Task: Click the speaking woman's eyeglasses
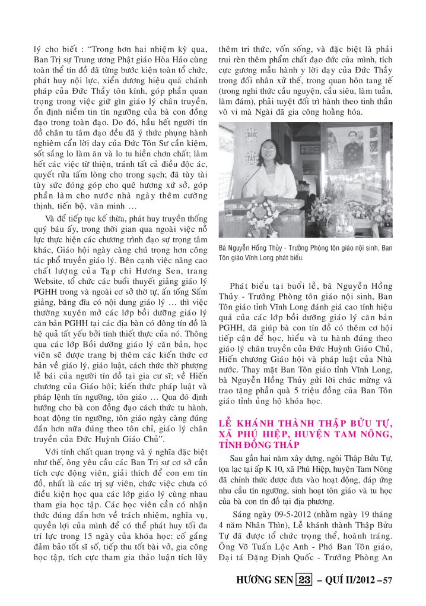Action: tap(267, 153)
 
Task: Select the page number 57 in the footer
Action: tap(385, 579)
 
